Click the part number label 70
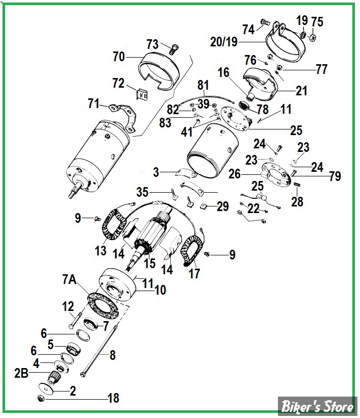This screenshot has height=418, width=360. pos(118,58)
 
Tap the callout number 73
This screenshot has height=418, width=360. pos(153,44)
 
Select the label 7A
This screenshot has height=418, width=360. pos(70,279)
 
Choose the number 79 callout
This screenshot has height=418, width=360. pos(335,176)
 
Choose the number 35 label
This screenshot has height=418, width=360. pos(143,192)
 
